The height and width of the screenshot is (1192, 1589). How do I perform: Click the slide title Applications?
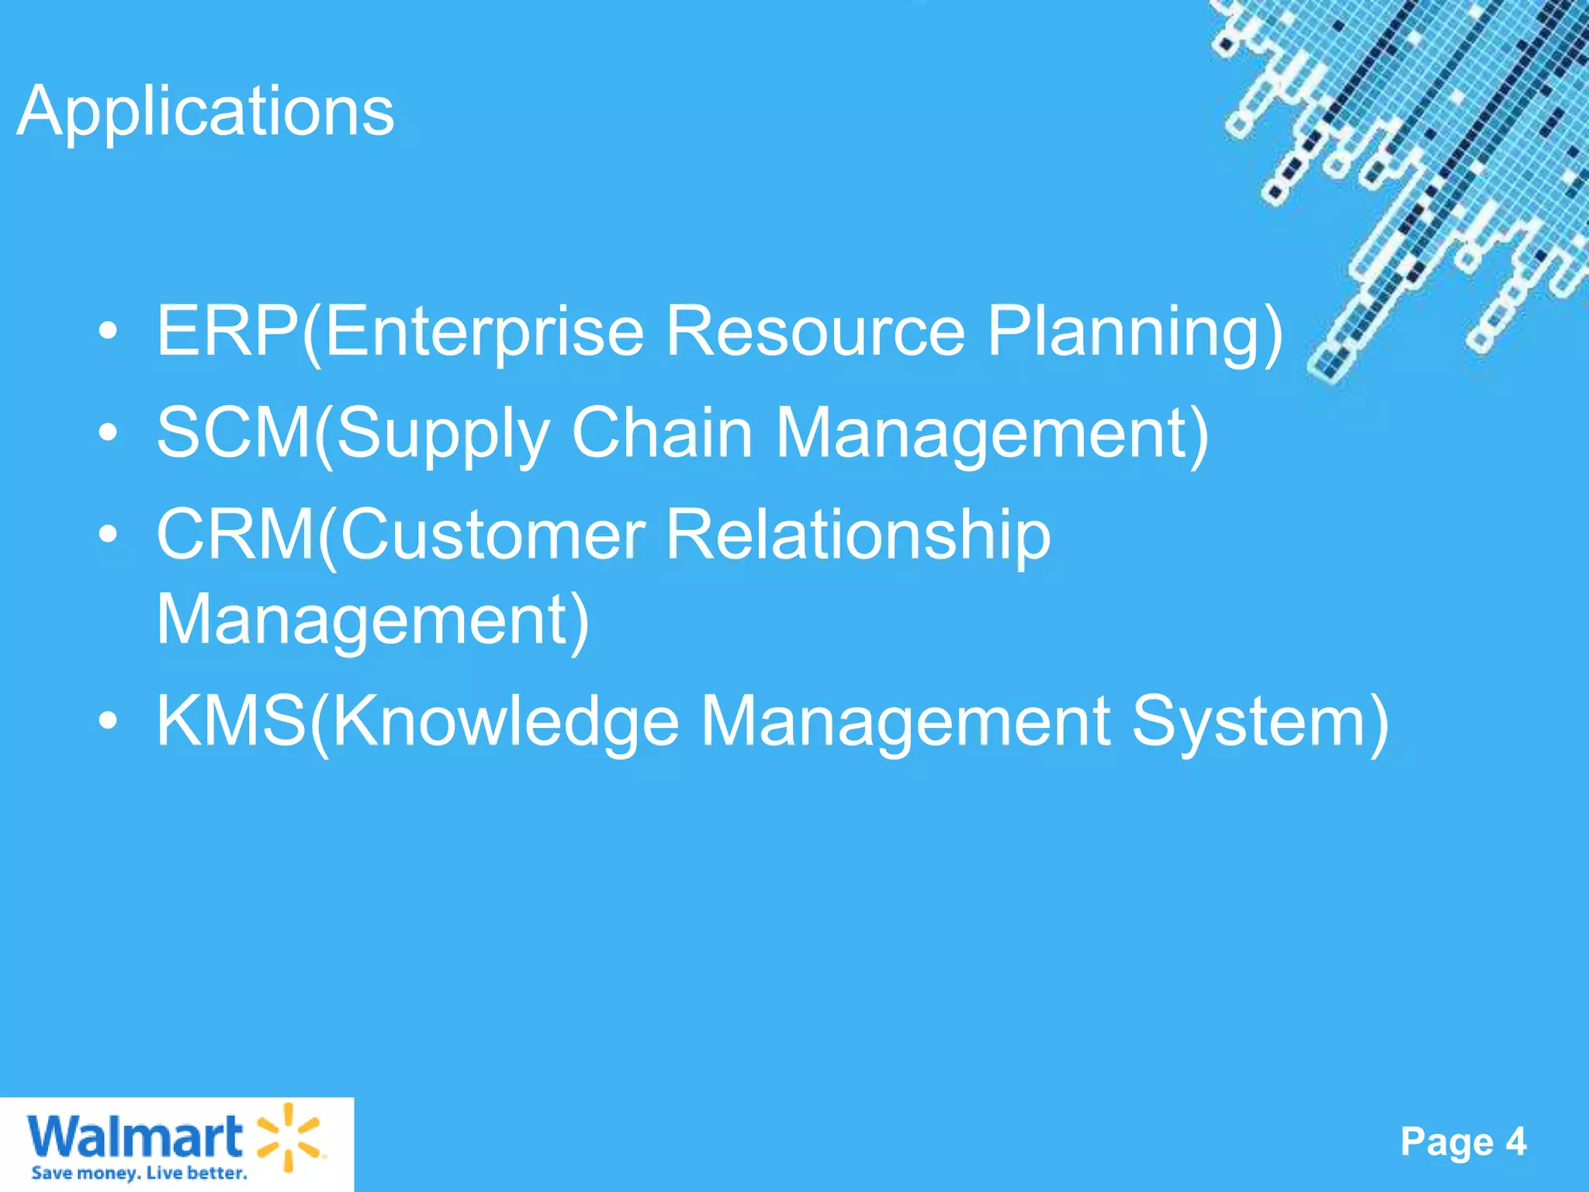(x=206, y=111)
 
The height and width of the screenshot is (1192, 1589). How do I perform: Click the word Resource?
(x=815, y=331)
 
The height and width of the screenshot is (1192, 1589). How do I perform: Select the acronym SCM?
(x=234, y=432)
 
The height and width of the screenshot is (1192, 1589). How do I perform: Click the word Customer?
(x=493, y=534)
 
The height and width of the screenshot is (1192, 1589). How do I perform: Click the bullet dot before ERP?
(x=109, y=332)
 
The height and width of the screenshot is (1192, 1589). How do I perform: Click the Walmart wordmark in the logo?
(x=135, y=1137)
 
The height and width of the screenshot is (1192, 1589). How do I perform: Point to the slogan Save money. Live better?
(x=139, y=1173)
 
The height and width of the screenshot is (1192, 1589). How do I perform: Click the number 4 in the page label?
(x=1515, y=1142)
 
